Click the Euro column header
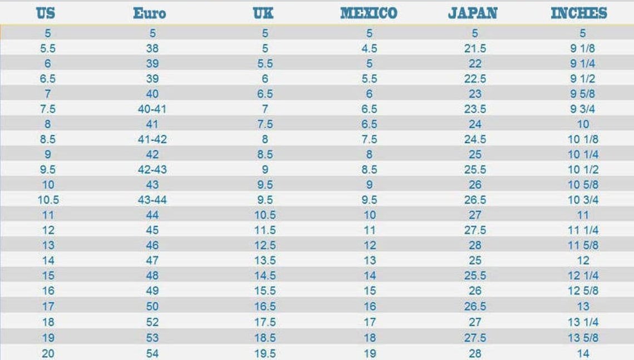click(149, 13)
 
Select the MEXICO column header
click(368, 13)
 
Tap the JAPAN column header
click(473, 13)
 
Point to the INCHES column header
click(579, 13)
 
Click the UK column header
click(263, 13)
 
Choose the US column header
click(46, 13)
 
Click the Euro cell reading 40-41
click(152, 109)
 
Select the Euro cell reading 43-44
click(152, 200)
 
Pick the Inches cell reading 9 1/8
click(582, 48)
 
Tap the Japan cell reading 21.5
click(475, 48)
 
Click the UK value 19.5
click(265, 353)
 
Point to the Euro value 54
click(152, 353)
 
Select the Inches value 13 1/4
click(583, 322)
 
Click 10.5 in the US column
click(48, 200)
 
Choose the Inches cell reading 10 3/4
click(583, 200)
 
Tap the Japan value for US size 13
click(475, 245)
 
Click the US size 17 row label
click(48, 307)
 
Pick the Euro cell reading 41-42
click(152, 139)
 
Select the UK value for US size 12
click(265, 230)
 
